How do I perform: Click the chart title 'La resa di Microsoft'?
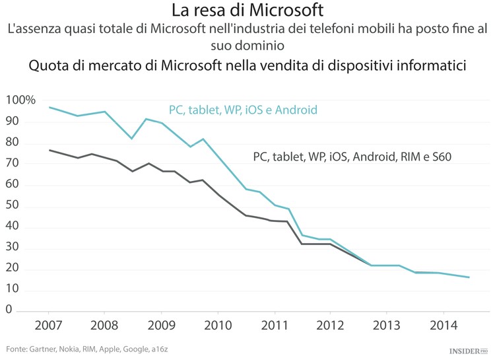tap(247, 11)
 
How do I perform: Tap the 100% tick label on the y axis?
tap(20, 100)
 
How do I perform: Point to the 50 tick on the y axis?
tap(13, 206)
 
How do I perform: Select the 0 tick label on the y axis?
tap(9, 310)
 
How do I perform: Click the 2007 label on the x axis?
tap(48, 327)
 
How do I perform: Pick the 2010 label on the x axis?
tap(218, 327)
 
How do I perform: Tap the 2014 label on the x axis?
tap(444, 327)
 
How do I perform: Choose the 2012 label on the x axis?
tap(331, 327)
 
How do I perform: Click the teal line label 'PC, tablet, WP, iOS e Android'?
tap(243, 110)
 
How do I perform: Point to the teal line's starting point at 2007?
tap(49, 107)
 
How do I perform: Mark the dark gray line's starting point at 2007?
tap(49, 150)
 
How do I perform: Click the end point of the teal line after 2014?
tap(469, 277)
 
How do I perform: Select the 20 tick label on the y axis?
tap(13, 269)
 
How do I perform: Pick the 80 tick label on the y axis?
tap(13, 143)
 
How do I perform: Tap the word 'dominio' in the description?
tap(247, 46)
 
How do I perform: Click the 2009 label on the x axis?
tap(162, 327)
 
